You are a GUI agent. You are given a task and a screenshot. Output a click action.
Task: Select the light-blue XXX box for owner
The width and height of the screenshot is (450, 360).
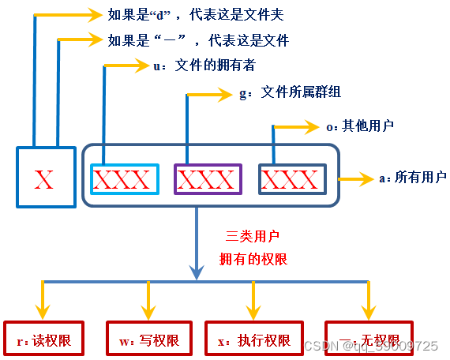pos(121,179)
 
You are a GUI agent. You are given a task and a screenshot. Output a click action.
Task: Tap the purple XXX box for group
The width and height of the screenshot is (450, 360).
pos(208,179)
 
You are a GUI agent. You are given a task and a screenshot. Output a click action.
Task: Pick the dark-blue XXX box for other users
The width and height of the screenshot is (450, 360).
pos(293,179)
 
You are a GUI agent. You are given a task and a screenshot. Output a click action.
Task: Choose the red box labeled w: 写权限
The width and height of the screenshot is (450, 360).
pos(149,341)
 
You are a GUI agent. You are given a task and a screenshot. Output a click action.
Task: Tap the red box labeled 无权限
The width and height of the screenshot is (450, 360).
pos(368,341)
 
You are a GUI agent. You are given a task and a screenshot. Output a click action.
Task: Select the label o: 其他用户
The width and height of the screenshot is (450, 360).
pos(360,125)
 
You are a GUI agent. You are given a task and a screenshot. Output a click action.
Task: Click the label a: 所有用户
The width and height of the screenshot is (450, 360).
pos(413,178)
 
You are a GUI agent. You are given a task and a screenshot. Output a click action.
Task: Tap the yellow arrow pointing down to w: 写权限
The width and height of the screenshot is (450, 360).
pos(148,300)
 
